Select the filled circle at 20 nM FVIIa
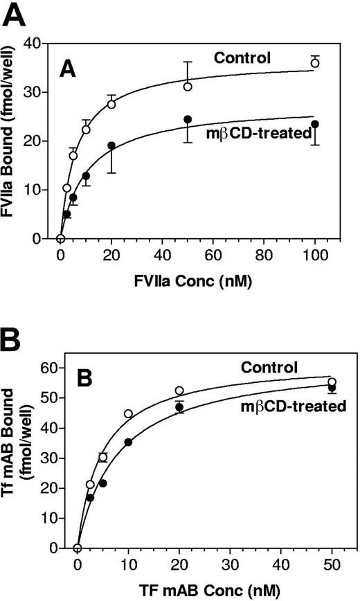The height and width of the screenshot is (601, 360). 111,145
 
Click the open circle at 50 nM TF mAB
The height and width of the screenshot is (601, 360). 332,382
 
